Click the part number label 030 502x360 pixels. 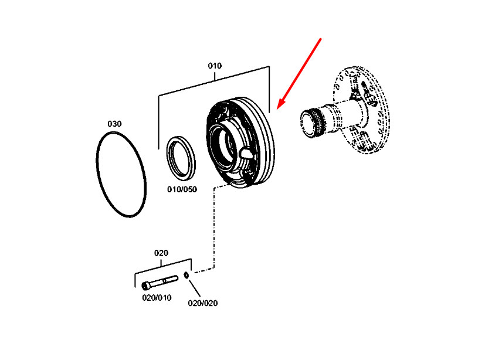(114, 124)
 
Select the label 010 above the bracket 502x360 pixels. (215, 66)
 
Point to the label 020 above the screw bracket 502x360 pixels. (161, 253)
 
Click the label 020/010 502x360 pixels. (157, 297)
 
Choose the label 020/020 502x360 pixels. (202, 303)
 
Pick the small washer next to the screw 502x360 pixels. (186, 275)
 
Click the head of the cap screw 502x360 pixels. (146, 286)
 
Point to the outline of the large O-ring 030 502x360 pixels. (97, 176)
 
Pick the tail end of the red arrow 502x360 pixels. (321, 39)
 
